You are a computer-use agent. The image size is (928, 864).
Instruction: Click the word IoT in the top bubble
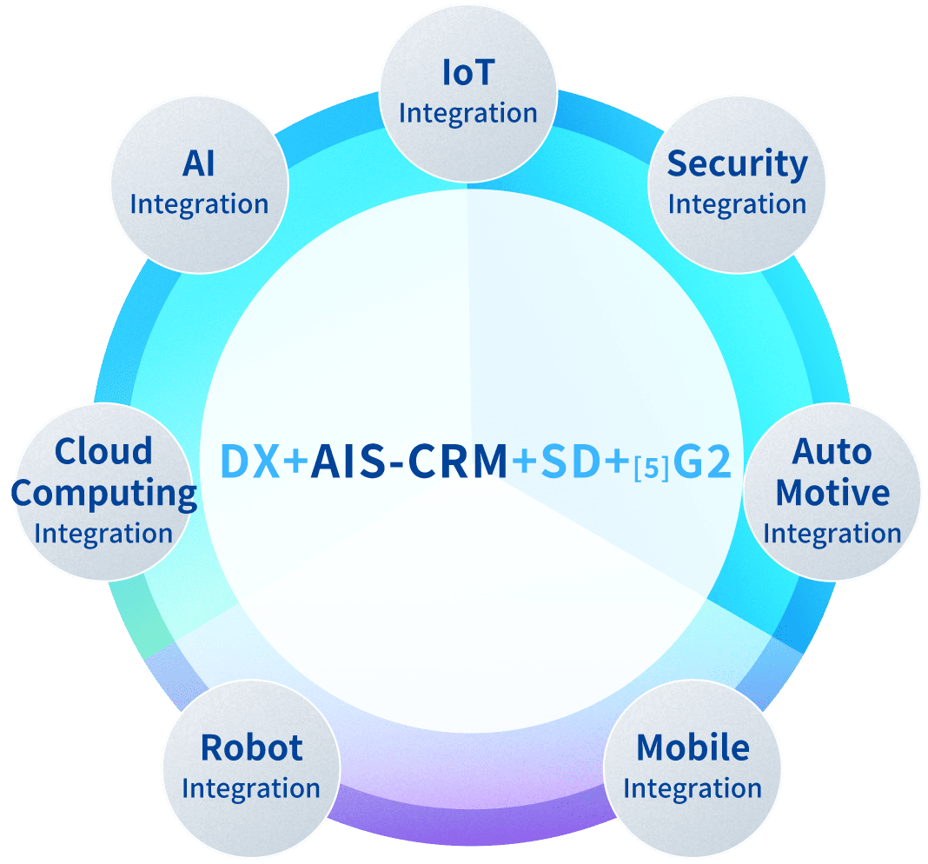point(467,74)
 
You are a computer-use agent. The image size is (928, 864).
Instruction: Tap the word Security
point(737,164)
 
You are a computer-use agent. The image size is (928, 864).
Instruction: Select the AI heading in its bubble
point(199,164)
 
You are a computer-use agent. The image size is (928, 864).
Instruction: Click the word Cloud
point(103,452)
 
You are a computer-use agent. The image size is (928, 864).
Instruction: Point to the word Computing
point(104,493)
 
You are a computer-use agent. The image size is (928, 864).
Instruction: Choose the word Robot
point(251,748)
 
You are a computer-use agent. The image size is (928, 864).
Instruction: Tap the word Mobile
point(693,748)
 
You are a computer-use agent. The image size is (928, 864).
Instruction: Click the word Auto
point(832,452)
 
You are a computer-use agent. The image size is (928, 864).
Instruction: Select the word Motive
point(832,493)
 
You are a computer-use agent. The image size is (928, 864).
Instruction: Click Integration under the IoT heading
point(467,114)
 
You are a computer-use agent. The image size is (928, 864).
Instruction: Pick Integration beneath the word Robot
point(251,789)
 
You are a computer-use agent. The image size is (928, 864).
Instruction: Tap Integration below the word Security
point(737,205)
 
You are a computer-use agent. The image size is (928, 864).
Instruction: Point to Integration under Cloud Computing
point(103,533)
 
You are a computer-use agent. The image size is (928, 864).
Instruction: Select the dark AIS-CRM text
point(409,462)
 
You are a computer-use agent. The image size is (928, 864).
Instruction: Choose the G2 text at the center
point(703,462)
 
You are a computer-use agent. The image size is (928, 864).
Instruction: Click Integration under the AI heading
point(199,205)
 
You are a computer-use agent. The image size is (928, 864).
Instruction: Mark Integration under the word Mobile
point(693,789)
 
